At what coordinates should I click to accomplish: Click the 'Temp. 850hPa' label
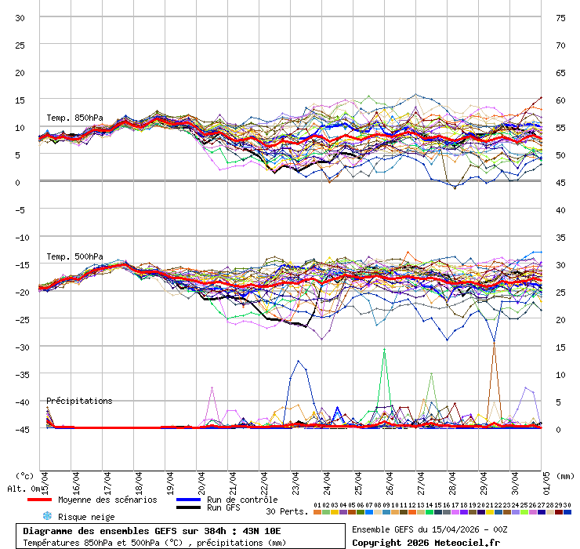74,118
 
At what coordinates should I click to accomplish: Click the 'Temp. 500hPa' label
74,256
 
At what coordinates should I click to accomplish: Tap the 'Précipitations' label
79,401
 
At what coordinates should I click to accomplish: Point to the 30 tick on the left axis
20,17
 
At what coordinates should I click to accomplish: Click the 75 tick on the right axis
560,17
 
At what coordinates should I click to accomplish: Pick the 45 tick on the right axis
560,182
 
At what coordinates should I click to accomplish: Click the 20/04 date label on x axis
201,479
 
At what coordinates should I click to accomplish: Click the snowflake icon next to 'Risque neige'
47,516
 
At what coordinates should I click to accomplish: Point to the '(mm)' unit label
564,475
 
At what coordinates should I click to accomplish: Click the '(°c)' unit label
25,475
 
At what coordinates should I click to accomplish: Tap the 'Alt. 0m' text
24,489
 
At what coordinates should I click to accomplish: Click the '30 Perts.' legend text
287,511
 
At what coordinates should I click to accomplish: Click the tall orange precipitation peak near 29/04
493,345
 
